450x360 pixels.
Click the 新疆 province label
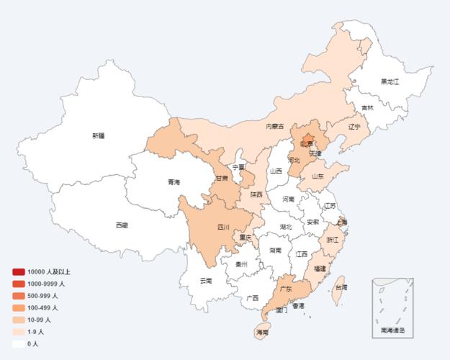point(99,135)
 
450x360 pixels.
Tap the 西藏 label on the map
point(122,225)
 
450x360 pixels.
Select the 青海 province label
point(174,182)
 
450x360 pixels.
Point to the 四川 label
point(223,228)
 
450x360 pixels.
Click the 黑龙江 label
point(390,82)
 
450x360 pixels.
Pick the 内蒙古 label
point(275,126)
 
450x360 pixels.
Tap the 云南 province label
point(206,280)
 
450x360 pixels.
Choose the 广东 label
point(285,289)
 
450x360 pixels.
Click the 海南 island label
point(262,333)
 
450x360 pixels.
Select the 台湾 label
point(341,287)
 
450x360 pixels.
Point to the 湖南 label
point(275,251)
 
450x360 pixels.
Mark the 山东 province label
point(318,176)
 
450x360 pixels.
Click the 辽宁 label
point(354,127)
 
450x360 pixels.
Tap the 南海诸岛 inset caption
point(392,330)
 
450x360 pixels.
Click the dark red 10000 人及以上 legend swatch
point(19,271)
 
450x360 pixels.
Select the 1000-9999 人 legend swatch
point(19,284)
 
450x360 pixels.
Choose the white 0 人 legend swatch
point(19,343)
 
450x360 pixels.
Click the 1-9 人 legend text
point(36,332)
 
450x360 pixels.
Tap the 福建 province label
point(319,268)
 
